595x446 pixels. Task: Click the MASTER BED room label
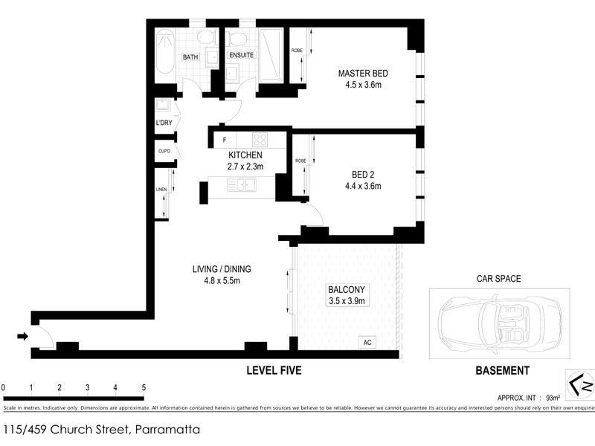coord(363,74)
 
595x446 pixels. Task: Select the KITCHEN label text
coord(245,155)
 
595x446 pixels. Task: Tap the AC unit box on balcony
coord(367,343)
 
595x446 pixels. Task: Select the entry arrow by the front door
coord(22,337)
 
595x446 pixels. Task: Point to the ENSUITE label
coord(241,56)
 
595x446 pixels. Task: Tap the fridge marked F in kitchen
coord(223,139)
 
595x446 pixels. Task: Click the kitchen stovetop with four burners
coord(259,139)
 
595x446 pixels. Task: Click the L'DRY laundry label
coord(163,123)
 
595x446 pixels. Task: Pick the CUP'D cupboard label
coord(164,152)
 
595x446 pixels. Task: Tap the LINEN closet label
coord(161,190)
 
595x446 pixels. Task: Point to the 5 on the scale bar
coord(144,388)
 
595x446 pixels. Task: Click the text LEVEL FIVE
coord(274,370)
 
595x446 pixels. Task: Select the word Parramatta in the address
coord(167,430)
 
